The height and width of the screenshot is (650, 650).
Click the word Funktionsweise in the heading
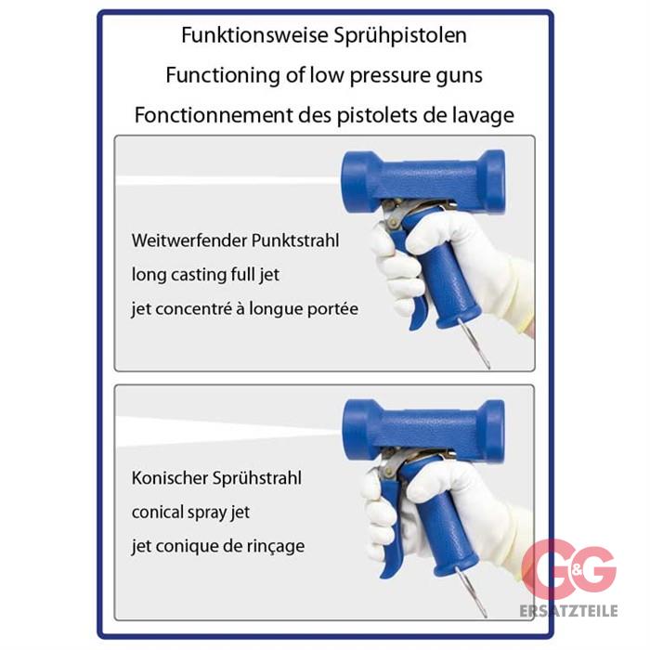254,35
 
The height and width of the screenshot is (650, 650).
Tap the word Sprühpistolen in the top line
400,35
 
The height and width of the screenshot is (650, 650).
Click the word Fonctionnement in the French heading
214,115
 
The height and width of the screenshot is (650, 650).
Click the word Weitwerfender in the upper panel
188,240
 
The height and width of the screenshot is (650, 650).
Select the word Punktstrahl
295,240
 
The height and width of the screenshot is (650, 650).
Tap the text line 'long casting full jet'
205,275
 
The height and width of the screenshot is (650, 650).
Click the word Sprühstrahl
257,479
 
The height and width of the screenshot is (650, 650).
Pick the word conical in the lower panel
158,513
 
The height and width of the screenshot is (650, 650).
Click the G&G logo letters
568,569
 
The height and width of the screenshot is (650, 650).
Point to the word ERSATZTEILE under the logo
568,611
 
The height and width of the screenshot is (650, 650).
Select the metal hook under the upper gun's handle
474,344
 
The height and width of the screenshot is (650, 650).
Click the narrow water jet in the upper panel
228,181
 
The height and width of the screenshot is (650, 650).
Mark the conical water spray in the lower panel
228,432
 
